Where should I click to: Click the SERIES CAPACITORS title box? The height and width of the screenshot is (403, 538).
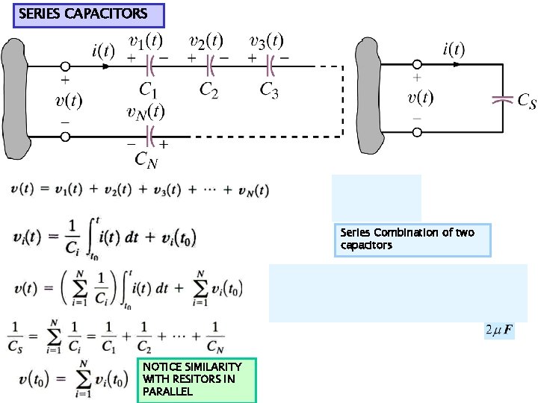[x=88, y=14]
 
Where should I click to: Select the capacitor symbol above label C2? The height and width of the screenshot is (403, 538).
[x=211, y=66]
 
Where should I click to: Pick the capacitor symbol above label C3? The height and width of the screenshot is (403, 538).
[x=272, y=66]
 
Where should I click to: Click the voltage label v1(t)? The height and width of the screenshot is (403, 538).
[x=148, y=41]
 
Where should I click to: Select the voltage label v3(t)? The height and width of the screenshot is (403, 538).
[x=268, y=41]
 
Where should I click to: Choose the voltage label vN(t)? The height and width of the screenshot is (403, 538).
[x=146, y=112]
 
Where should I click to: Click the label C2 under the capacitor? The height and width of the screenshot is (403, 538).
[x=209, y=90]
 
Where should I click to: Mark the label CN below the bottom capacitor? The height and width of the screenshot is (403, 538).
[x=146, y=160]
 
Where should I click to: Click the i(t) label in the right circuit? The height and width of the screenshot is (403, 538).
[x=454, y=50]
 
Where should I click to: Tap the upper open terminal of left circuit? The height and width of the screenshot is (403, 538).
[x=65, y=66]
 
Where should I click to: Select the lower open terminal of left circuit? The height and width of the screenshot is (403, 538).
[x=65, y=137]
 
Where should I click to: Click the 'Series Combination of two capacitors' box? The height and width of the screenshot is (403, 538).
[x=412, y=240]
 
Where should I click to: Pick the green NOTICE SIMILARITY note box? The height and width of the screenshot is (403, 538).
[x=197, y=379]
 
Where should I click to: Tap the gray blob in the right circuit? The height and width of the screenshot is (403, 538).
[x=371, y=97]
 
